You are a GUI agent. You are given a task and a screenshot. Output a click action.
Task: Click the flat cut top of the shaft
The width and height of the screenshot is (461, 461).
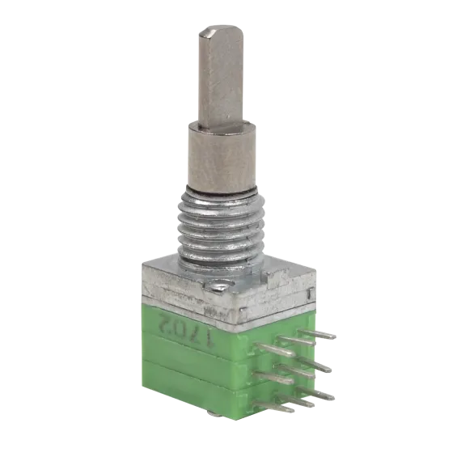[221, 32]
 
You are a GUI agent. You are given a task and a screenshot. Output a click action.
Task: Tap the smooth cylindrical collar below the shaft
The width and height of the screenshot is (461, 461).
[222, 159]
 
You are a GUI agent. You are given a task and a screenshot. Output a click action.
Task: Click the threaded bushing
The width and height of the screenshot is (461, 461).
[221, 226]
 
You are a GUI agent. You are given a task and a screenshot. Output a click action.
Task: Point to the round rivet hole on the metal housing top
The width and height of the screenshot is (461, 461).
[222, 285]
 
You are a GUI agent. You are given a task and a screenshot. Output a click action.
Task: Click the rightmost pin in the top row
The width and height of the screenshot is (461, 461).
[317, 334]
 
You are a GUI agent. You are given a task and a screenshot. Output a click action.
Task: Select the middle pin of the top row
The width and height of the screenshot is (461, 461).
[297, 341]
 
